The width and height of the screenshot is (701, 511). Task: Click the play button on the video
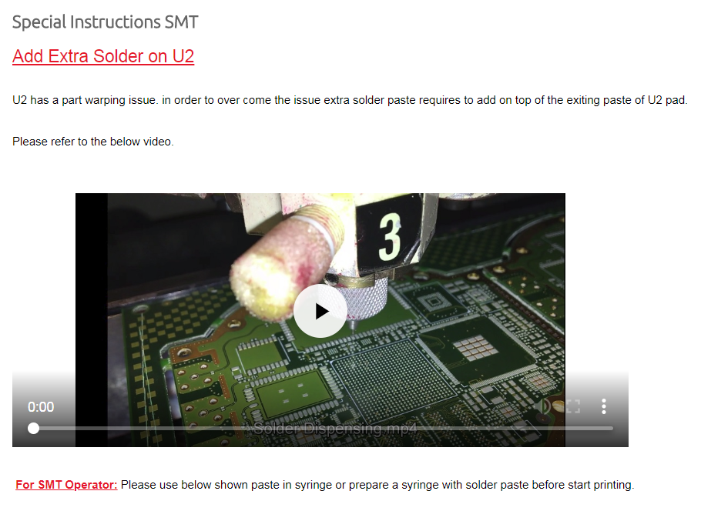coord(320,311)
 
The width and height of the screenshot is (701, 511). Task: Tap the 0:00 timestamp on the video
coord(41,407)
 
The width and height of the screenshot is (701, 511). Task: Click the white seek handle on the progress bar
coord(34,429)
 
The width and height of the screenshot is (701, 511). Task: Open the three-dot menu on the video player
coord(603,406)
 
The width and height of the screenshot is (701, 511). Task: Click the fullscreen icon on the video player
coord(573,406)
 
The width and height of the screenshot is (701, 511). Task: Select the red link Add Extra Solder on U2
coord(103,56)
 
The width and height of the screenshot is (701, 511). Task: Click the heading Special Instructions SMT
coord(105,22)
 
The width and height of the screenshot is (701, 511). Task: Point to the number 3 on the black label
coord(390,236)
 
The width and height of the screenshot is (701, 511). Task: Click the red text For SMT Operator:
coord(66,485)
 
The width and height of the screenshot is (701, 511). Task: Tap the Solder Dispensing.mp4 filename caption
coord(335,429)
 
